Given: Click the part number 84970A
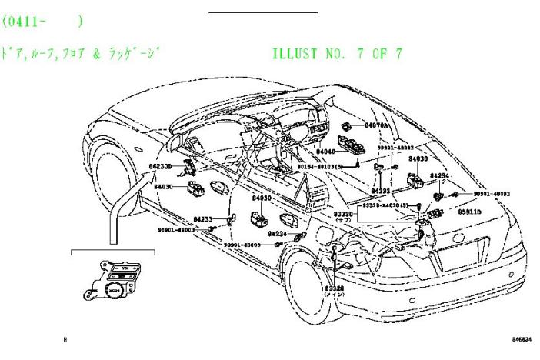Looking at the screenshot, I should [x=377, y=125].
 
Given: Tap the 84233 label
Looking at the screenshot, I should [x=203, y=219].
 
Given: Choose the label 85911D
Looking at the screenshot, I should [x=470, y=211].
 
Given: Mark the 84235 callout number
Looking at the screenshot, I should [x=381, y=190].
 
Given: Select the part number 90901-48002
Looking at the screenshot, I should [x=492, y=195].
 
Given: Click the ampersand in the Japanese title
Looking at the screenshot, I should [x=96, y=54].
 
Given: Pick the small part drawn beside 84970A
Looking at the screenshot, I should [x=348, y=125].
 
